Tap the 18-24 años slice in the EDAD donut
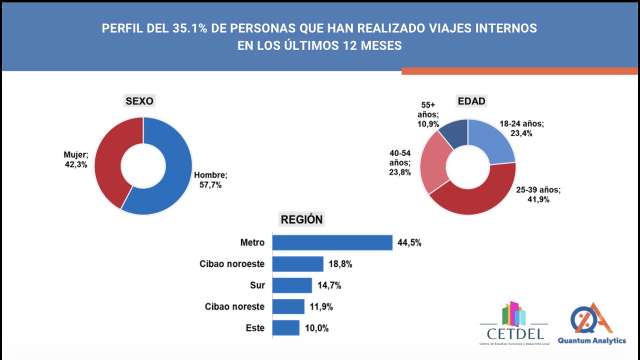click(x=494, y=141)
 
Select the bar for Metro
click(x=332, y=242)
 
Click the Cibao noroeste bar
click(x=298, y=264)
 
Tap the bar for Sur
click(x=292, y=286)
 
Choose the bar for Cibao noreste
click(x=288, y=306)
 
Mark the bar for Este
click(x=286, y=328)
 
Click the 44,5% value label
click(x=409, y=243)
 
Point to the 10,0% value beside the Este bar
click(x=317, y=328)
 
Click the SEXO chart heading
click(x=139, y=101)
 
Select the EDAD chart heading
click(x=471, y=101)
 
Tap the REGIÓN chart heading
click(x=302, y=219)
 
